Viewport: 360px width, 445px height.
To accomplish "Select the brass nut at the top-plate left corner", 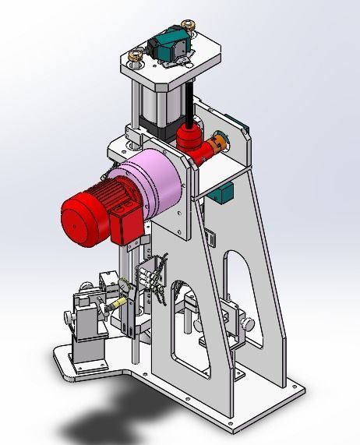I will coord(136,56).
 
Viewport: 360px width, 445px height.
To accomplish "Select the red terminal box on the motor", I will coord(125,224).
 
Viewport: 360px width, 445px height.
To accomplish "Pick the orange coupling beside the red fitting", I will coord(219,146).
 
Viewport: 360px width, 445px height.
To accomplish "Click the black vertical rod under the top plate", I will coord(188,101).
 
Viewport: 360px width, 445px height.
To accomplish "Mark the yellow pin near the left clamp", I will coord(119,303).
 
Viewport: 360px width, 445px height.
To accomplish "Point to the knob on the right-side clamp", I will coord(249,323).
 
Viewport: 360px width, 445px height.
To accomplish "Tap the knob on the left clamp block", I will coord(68,318).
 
